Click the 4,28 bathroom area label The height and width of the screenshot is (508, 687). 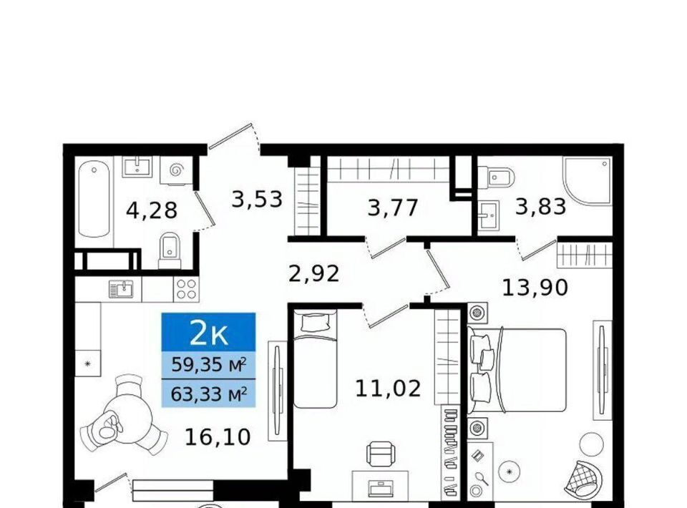point(152,210)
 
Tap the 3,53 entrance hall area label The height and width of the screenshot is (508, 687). point(257,199)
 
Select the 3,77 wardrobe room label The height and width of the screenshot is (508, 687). point(393,207)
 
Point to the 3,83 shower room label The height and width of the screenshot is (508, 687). point(541,206)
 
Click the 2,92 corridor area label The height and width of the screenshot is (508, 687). point(314,274)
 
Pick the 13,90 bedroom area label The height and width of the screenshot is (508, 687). point(535,288)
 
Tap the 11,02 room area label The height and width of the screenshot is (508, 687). point(388,389)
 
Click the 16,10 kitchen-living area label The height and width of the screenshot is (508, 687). point(218,436)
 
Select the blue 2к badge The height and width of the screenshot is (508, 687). point(208,332)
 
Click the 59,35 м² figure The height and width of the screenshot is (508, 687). point(208,364)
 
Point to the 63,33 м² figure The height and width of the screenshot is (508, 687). point(208,394)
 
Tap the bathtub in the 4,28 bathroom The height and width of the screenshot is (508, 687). point(94,198)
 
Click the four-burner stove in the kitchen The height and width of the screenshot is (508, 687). point(186,289)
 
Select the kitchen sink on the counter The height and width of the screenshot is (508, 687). point(121,289)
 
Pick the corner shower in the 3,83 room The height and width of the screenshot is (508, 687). point(588,181)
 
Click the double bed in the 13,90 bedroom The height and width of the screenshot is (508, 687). point(517,371)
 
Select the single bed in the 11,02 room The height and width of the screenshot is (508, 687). point(315,358)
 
